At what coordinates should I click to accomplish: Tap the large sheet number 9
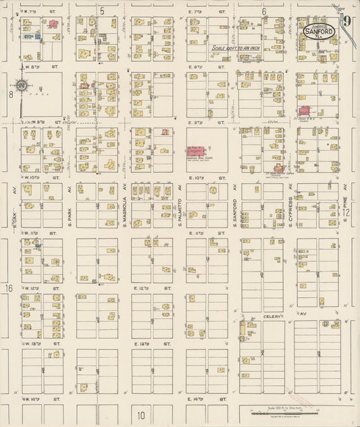pyautogui.click(x=346, y=20)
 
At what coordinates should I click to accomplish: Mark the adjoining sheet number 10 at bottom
pyautogui.click(x=142, y=416)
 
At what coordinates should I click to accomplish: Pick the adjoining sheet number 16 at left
pyautogui.click(x=9, y=289)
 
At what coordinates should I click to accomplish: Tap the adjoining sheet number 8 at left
pyautogui.click(x=11, y=95)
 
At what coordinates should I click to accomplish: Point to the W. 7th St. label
pyautogui.click(x=30, y=11)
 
